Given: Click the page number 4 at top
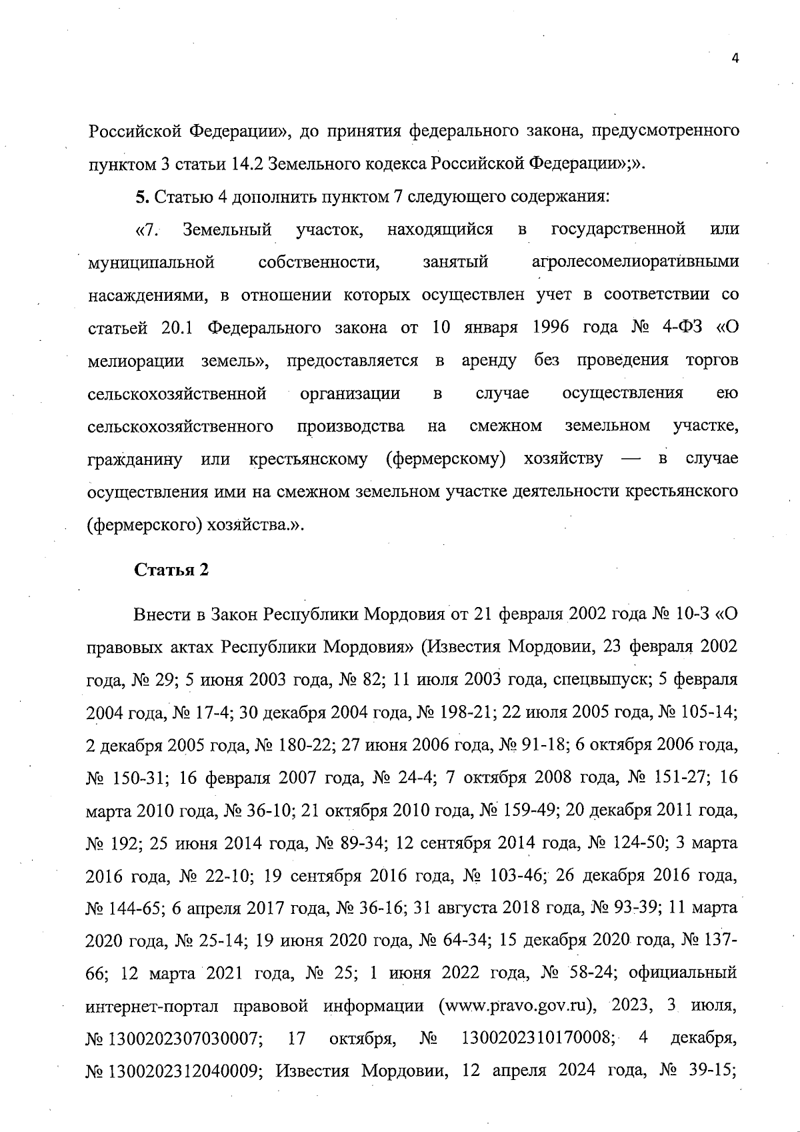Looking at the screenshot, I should point(735,59).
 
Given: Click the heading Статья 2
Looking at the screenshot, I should point(172,570).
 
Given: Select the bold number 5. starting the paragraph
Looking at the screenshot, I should point(141,197).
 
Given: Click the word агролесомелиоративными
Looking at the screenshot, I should point(635,262).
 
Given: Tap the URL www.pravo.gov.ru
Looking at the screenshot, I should point(517,1006).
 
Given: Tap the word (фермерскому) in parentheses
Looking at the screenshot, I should point(445,459).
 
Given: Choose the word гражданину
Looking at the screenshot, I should point(135,459).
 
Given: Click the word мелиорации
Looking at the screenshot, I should point(135,361).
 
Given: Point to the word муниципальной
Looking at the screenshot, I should point(151,262).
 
